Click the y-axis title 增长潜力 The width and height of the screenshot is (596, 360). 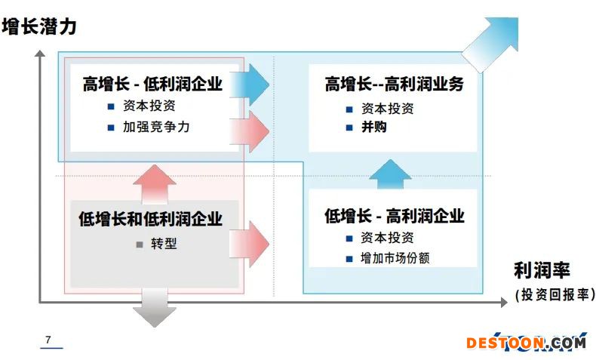point(39,26)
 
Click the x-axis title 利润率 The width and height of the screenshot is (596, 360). point(542,270)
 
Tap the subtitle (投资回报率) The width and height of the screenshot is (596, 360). point(555,294)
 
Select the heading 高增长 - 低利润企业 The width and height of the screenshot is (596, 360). point(152,84)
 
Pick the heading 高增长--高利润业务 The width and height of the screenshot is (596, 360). point(394,84)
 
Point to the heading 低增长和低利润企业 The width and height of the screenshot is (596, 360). point(151,219)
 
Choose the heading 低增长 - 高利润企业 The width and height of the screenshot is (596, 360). point(394,216)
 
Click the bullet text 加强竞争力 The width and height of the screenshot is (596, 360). point(156,127)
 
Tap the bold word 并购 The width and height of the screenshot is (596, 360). point(374,127)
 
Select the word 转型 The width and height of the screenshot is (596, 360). point(164,243)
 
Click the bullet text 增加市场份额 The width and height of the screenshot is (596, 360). point(395,258)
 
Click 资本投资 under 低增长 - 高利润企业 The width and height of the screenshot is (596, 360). point(387,238)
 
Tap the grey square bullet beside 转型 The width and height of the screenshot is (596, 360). point(140,245)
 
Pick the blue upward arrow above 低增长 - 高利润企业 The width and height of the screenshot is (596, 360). point(390,174)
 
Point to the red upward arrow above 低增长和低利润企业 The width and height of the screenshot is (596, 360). point(155,183)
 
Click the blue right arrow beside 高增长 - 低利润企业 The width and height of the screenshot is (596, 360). point(250,85)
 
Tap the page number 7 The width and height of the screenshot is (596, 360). point(48,340)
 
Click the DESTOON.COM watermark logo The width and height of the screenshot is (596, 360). point(527,342)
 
